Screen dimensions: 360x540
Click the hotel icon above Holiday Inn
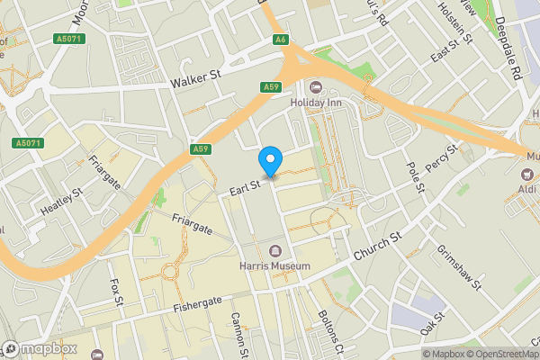(x=315, y=86)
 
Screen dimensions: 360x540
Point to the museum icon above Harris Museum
(x=274, y=250)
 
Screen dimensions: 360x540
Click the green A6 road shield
(x=282, y=40)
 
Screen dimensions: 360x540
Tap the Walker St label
(x=195, y=81)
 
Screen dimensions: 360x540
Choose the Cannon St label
(x=238, y=334)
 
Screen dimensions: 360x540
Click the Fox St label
(x=115, y=293)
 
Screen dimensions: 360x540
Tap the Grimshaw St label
(x=460, y=261)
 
